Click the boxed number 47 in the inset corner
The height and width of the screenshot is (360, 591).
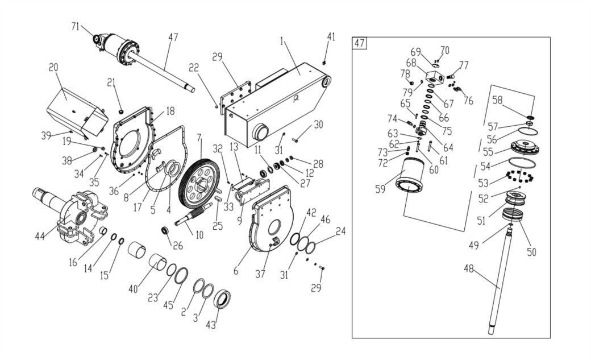coord(359,43)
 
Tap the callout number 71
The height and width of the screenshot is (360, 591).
coord(76,26)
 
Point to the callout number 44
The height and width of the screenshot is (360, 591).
coord(40,236)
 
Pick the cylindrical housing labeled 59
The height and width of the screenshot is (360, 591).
coord(410,177)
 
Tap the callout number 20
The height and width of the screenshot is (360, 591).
coord(53,67)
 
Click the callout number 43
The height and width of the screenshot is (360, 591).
coord(211,325)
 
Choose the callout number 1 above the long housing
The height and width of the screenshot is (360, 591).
coord(281,41)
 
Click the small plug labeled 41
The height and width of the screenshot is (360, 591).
coord(324,61)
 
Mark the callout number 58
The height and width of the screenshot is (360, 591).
coord(498,100)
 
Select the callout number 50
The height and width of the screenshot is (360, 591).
coord(531,252)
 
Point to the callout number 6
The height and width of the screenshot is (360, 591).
coord(236,270)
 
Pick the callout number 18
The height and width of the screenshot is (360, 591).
coord(170,111)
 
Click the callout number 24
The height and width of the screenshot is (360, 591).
coord(341,231)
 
